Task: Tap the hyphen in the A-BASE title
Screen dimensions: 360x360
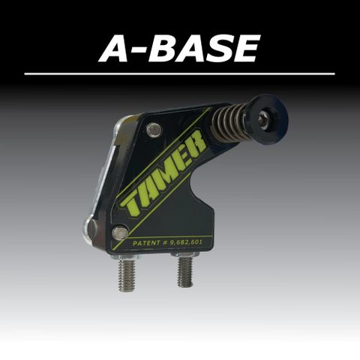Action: click(138, 51)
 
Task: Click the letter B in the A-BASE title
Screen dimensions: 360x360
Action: click(163, 48)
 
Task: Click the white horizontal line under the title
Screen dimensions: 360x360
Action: click(179, 74)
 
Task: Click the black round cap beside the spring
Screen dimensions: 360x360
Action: click(268, 115)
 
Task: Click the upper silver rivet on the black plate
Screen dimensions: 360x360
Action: click(153, 130)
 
